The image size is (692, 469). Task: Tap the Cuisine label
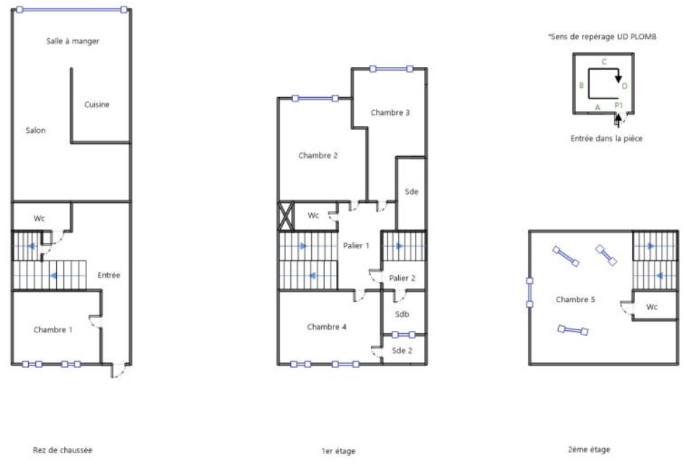[96, 104]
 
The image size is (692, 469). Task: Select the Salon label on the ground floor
[35, 130]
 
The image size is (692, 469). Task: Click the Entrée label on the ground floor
[109, 275]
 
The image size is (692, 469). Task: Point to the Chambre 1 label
[53, 329]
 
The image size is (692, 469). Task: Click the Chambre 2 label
[318, 155]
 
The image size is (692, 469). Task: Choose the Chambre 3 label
[390, 112]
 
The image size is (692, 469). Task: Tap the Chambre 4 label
[327, 327]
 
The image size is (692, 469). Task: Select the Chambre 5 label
[575, 299]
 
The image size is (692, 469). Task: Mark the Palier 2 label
[402, 278]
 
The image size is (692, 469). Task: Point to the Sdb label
[402, 314]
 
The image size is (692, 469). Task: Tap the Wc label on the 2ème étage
[652, 306]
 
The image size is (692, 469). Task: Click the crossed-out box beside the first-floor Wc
[286, 216]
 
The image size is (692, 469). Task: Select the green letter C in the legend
[604, 62]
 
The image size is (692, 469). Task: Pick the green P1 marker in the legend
[618, 105]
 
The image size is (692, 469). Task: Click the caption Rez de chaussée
[62, 450]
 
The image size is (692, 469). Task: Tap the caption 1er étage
[338, 451]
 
